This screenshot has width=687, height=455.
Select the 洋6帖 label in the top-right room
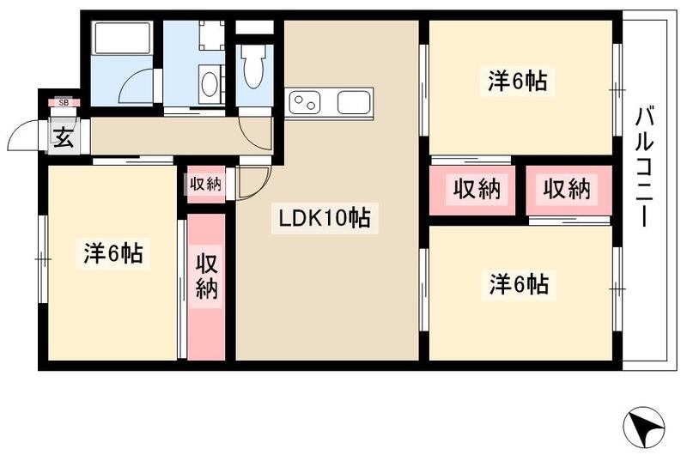coord(519,82)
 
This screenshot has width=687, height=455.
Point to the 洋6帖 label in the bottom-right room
coord(519,283)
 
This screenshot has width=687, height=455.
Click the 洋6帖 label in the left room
coord(112,254)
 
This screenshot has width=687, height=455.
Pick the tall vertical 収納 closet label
coord(206,276)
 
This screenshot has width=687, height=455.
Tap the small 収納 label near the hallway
coord(206,182)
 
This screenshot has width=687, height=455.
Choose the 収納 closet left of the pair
coord(477,189)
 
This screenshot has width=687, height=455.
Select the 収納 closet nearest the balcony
coord(567,189)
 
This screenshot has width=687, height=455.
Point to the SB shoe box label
coord(63,103)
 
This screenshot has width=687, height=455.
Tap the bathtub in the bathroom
coord(121,40)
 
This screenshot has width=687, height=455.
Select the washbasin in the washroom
coord(209,86)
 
